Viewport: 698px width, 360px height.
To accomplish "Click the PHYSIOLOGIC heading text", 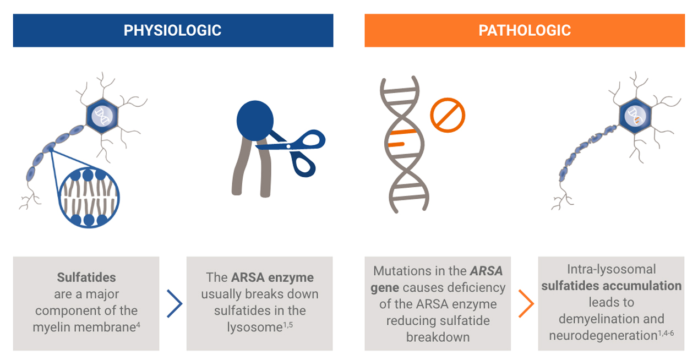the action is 172,30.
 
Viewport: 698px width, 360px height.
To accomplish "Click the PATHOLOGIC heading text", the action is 525,30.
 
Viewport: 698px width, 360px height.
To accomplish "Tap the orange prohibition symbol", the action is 448,115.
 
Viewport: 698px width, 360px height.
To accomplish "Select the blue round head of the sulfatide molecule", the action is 255,121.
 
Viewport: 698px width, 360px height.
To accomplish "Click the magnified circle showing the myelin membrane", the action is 89,197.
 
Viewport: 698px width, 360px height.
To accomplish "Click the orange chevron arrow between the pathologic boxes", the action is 526,304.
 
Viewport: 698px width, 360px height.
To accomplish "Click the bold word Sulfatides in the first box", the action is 86,277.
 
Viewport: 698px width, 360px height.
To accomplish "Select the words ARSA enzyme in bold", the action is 272,277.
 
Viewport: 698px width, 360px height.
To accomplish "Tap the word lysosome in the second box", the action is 254,328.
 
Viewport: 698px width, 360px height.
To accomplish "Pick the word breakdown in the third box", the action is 438,337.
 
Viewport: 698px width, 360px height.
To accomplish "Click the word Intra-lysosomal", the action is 612,269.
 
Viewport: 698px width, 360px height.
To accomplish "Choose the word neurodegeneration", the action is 603,336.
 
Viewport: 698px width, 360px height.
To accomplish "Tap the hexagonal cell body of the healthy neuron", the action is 102,116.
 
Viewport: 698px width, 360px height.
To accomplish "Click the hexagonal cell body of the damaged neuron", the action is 635,116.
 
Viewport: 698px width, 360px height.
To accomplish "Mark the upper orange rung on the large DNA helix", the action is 403,132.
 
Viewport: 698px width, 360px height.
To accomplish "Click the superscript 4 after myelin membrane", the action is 138,325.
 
